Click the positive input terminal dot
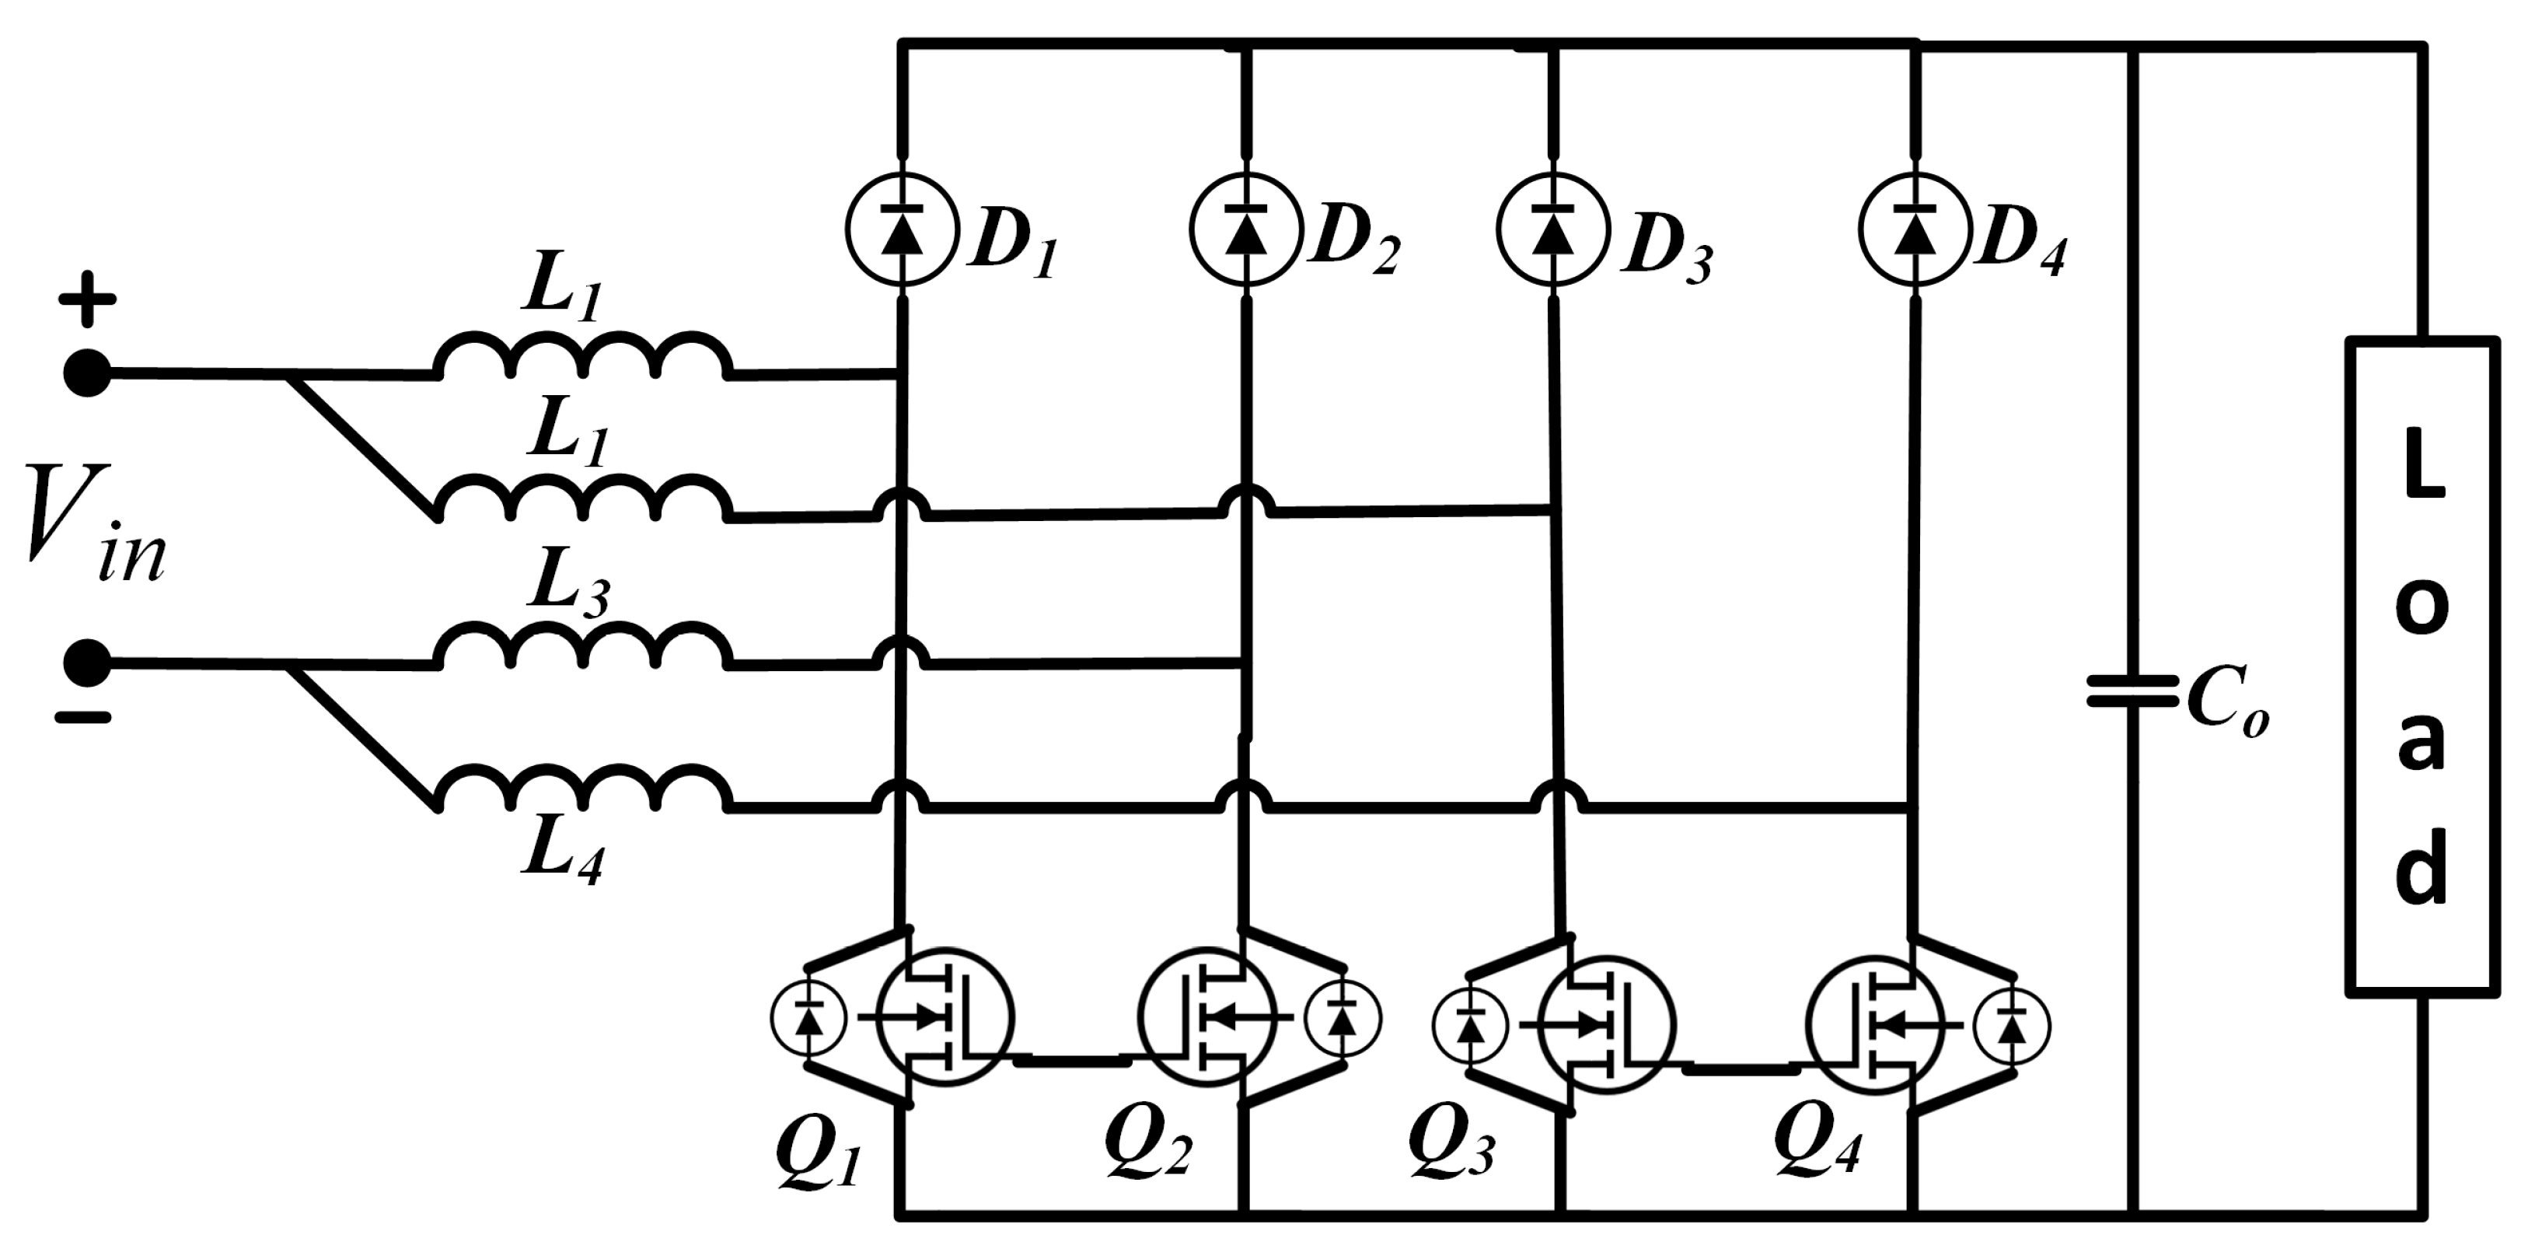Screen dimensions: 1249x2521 click(87, 373)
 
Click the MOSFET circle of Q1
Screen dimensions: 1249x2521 click(945, 1016)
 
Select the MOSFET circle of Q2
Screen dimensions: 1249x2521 click(1206, 1016)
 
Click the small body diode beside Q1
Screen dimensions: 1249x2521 click(808, 1018)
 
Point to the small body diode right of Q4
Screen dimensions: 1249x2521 click(2012, 1026)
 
